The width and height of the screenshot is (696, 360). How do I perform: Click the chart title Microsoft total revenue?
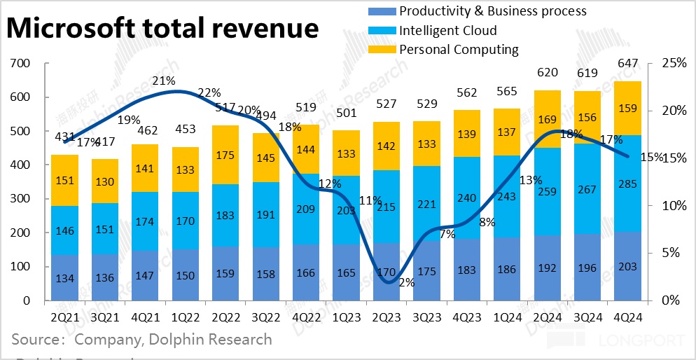pyautogui.click(x=162, y=29)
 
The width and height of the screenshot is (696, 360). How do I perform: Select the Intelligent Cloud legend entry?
pyautogui.click(x=447, y=31)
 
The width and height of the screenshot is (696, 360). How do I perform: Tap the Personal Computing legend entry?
pyautogui.click(x=459, y=50)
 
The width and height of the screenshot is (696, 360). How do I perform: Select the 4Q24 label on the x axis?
pyautogui.click(x=625, y=317)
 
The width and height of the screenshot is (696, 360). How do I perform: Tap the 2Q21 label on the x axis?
pyautogui.click(x=65, y=317)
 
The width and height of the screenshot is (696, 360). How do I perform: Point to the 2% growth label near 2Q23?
pyautogui.click(x=406, y=283)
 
